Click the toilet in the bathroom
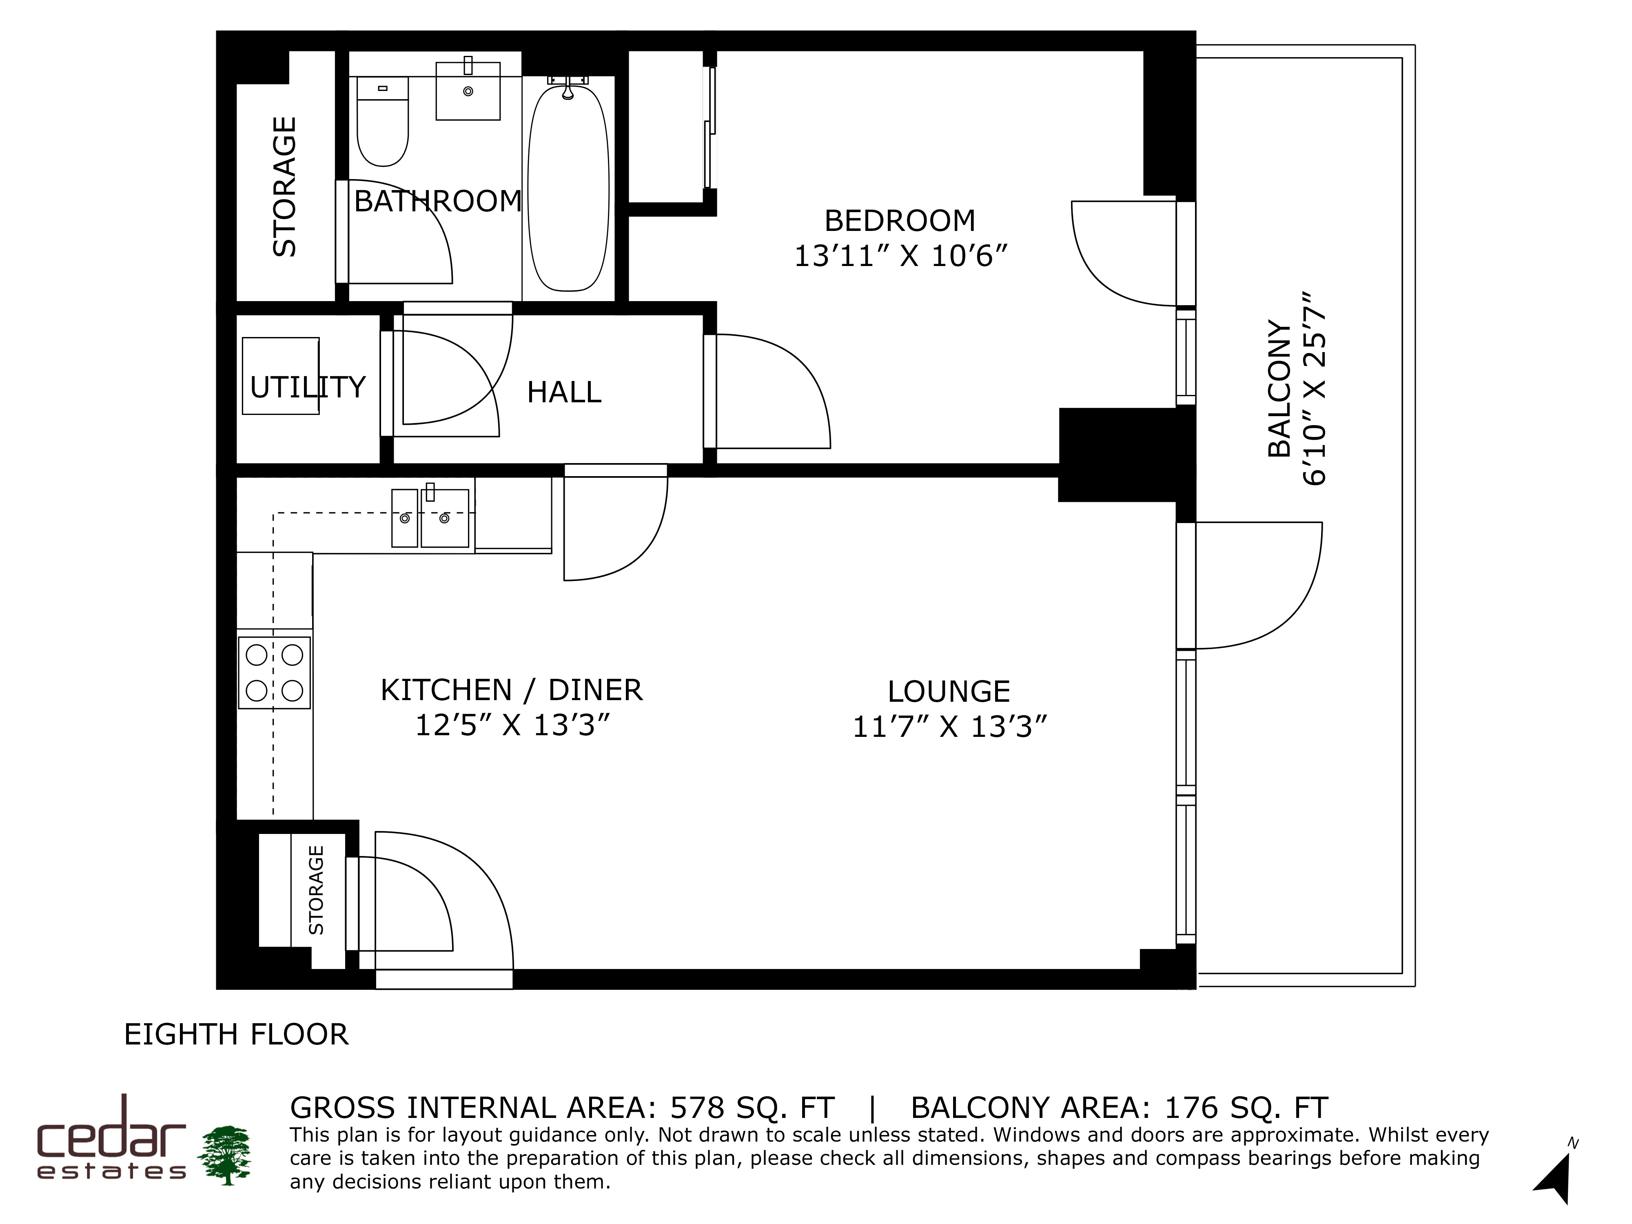pos(382,121)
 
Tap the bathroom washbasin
pos(468,90)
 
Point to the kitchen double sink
pos(430,518)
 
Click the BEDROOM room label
pos(899,221)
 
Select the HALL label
pos(564,392)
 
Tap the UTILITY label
pos(308,387)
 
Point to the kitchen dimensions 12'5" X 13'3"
pos(513,725)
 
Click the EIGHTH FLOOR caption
pos(236,1034)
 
